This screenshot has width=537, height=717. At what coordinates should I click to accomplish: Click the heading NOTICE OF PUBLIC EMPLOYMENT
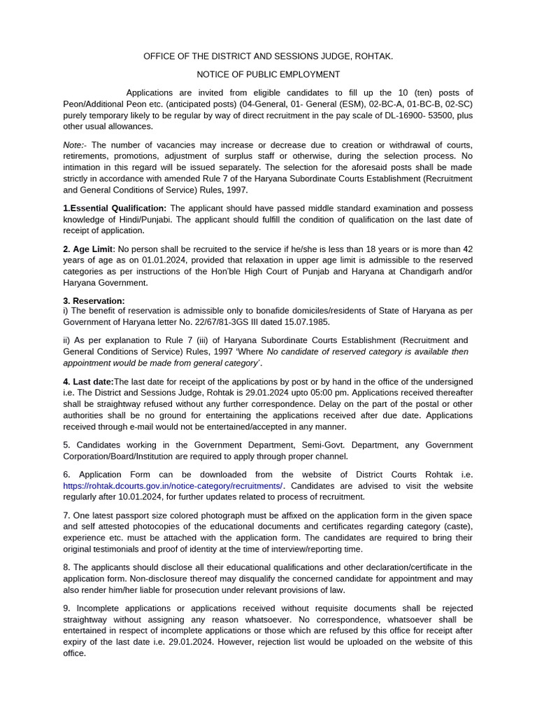coord(268,74)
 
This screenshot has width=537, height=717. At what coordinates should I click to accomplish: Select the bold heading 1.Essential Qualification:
coord(115,208)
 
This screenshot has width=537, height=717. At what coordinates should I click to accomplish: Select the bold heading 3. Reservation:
coord(94,300)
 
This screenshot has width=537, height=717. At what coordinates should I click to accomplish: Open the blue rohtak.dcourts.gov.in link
coord(173,485)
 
